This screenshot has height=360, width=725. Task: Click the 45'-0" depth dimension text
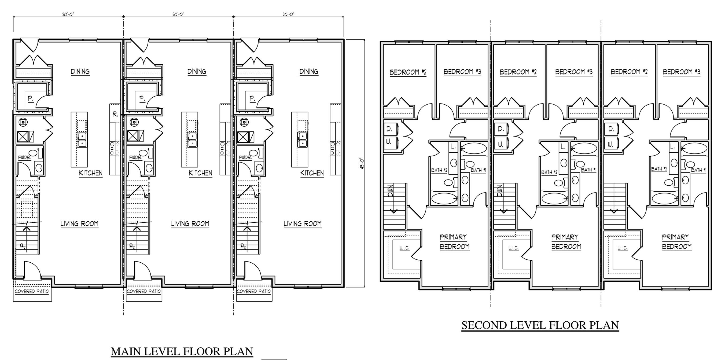362,163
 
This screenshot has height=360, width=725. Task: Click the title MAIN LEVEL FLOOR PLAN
182,351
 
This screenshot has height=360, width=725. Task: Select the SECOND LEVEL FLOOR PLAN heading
540,325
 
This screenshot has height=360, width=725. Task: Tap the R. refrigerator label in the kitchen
115,114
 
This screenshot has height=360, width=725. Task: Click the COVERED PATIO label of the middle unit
143,291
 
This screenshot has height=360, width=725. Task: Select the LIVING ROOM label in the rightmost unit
302,224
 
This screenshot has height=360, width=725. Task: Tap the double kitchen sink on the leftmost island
82,140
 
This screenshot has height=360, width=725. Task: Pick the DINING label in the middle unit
197,72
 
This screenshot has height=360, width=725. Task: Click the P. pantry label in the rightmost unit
252,98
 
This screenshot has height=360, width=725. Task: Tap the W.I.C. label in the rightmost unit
623,248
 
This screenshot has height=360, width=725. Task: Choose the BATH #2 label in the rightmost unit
659,169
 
